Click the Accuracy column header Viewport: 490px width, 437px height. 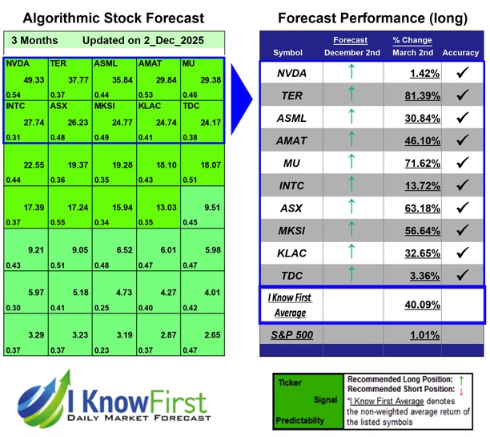coord(460,53)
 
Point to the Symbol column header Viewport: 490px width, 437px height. coord(288,53)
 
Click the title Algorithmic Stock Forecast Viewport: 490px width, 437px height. coord(113,18)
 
